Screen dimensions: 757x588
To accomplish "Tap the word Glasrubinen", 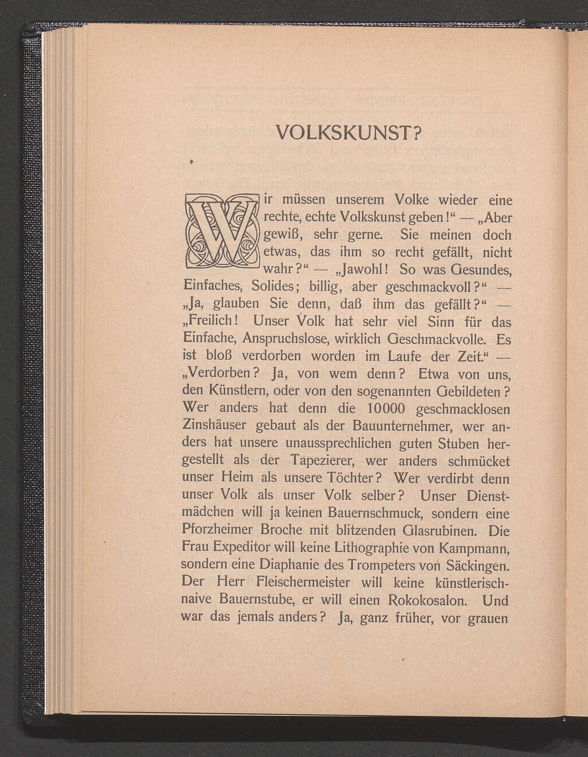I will pos(435,531).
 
